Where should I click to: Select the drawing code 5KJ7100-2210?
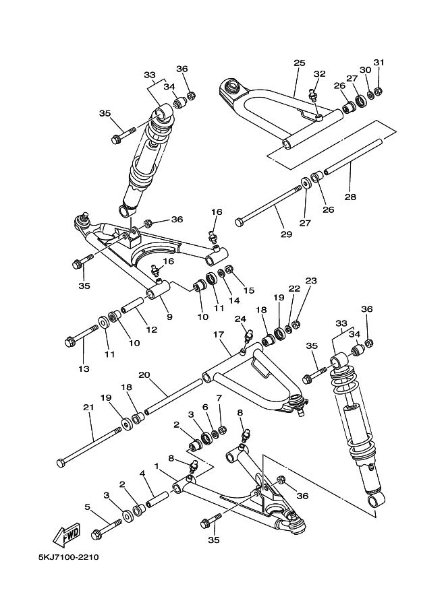click(69, 558)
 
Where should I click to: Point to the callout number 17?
click(218, 334)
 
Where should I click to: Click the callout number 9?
click(168, 316)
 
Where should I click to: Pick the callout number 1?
click(157, 465)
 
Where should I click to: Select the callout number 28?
click(350, 197)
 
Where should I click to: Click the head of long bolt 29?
click(238, 222)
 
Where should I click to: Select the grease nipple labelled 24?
click(247, 335)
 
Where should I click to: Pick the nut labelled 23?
click(296, 325)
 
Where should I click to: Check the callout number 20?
click(144, 375)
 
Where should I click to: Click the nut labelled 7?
click(223, 430)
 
